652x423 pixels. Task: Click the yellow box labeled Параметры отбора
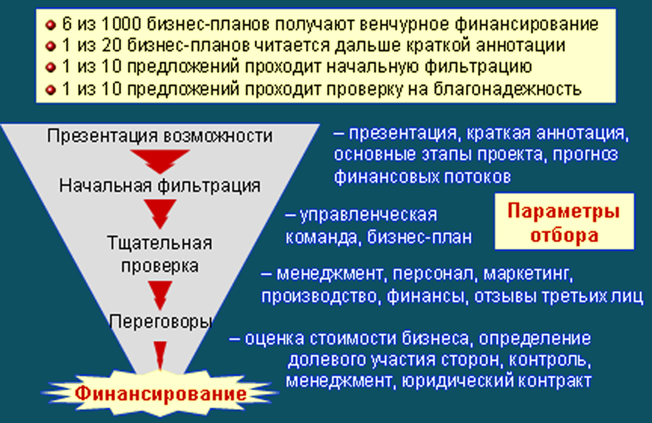563,223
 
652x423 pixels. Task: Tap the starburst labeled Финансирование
160,393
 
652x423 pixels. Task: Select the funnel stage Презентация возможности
159,135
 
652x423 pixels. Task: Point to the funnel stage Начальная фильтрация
159,185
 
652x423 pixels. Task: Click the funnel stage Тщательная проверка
159,254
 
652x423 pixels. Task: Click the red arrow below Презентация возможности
159,159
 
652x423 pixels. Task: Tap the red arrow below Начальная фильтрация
160,213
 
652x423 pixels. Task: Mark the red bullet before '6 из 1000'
51,25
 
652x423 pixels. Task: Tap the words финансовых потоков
422,177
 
